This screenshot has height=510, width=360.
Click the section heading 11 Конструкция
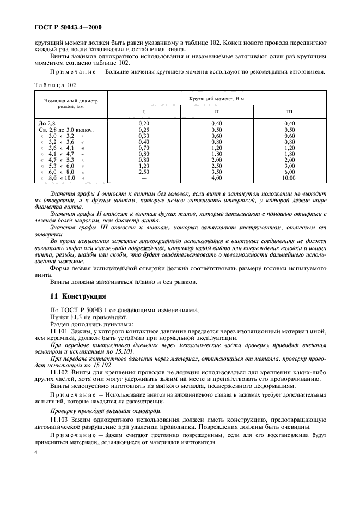(x=77, y=296)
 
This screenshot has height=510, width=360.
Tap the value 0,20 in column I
(x=144, y=124)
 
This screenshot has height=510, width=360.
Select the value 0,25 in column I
(x=144, y=130)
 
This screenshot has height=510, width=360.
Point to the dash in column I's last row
(x=144, y=178)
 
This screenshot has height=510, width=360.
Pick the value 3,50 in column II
(x=217, y=172)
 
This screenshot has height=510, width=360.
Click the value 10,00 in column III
(x=289, y=178)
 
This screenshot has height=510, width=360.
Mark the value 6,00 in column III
(x=289, y=172)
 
